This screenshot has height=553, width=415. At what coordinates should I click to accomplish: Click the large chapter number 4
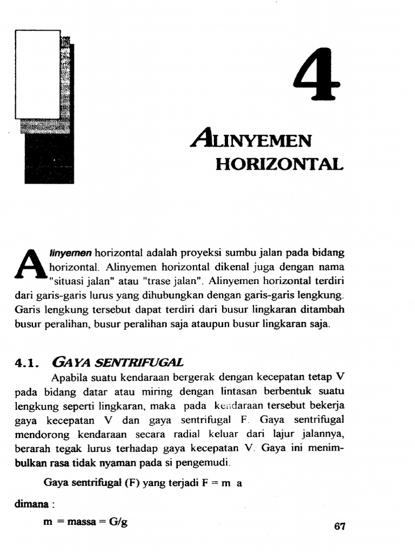point(317,75)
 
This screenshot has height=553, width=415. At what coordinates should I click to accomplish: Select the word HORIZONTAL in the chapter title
point(279,164)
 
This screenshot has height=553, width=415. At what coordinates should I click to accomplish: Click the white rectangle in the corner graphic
point(37,74)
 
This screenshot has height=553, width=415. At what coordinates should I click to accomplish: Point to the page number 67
point(339,527)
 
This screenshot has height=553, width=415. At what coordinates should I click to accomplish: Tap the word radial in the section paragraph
point(200,434)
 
